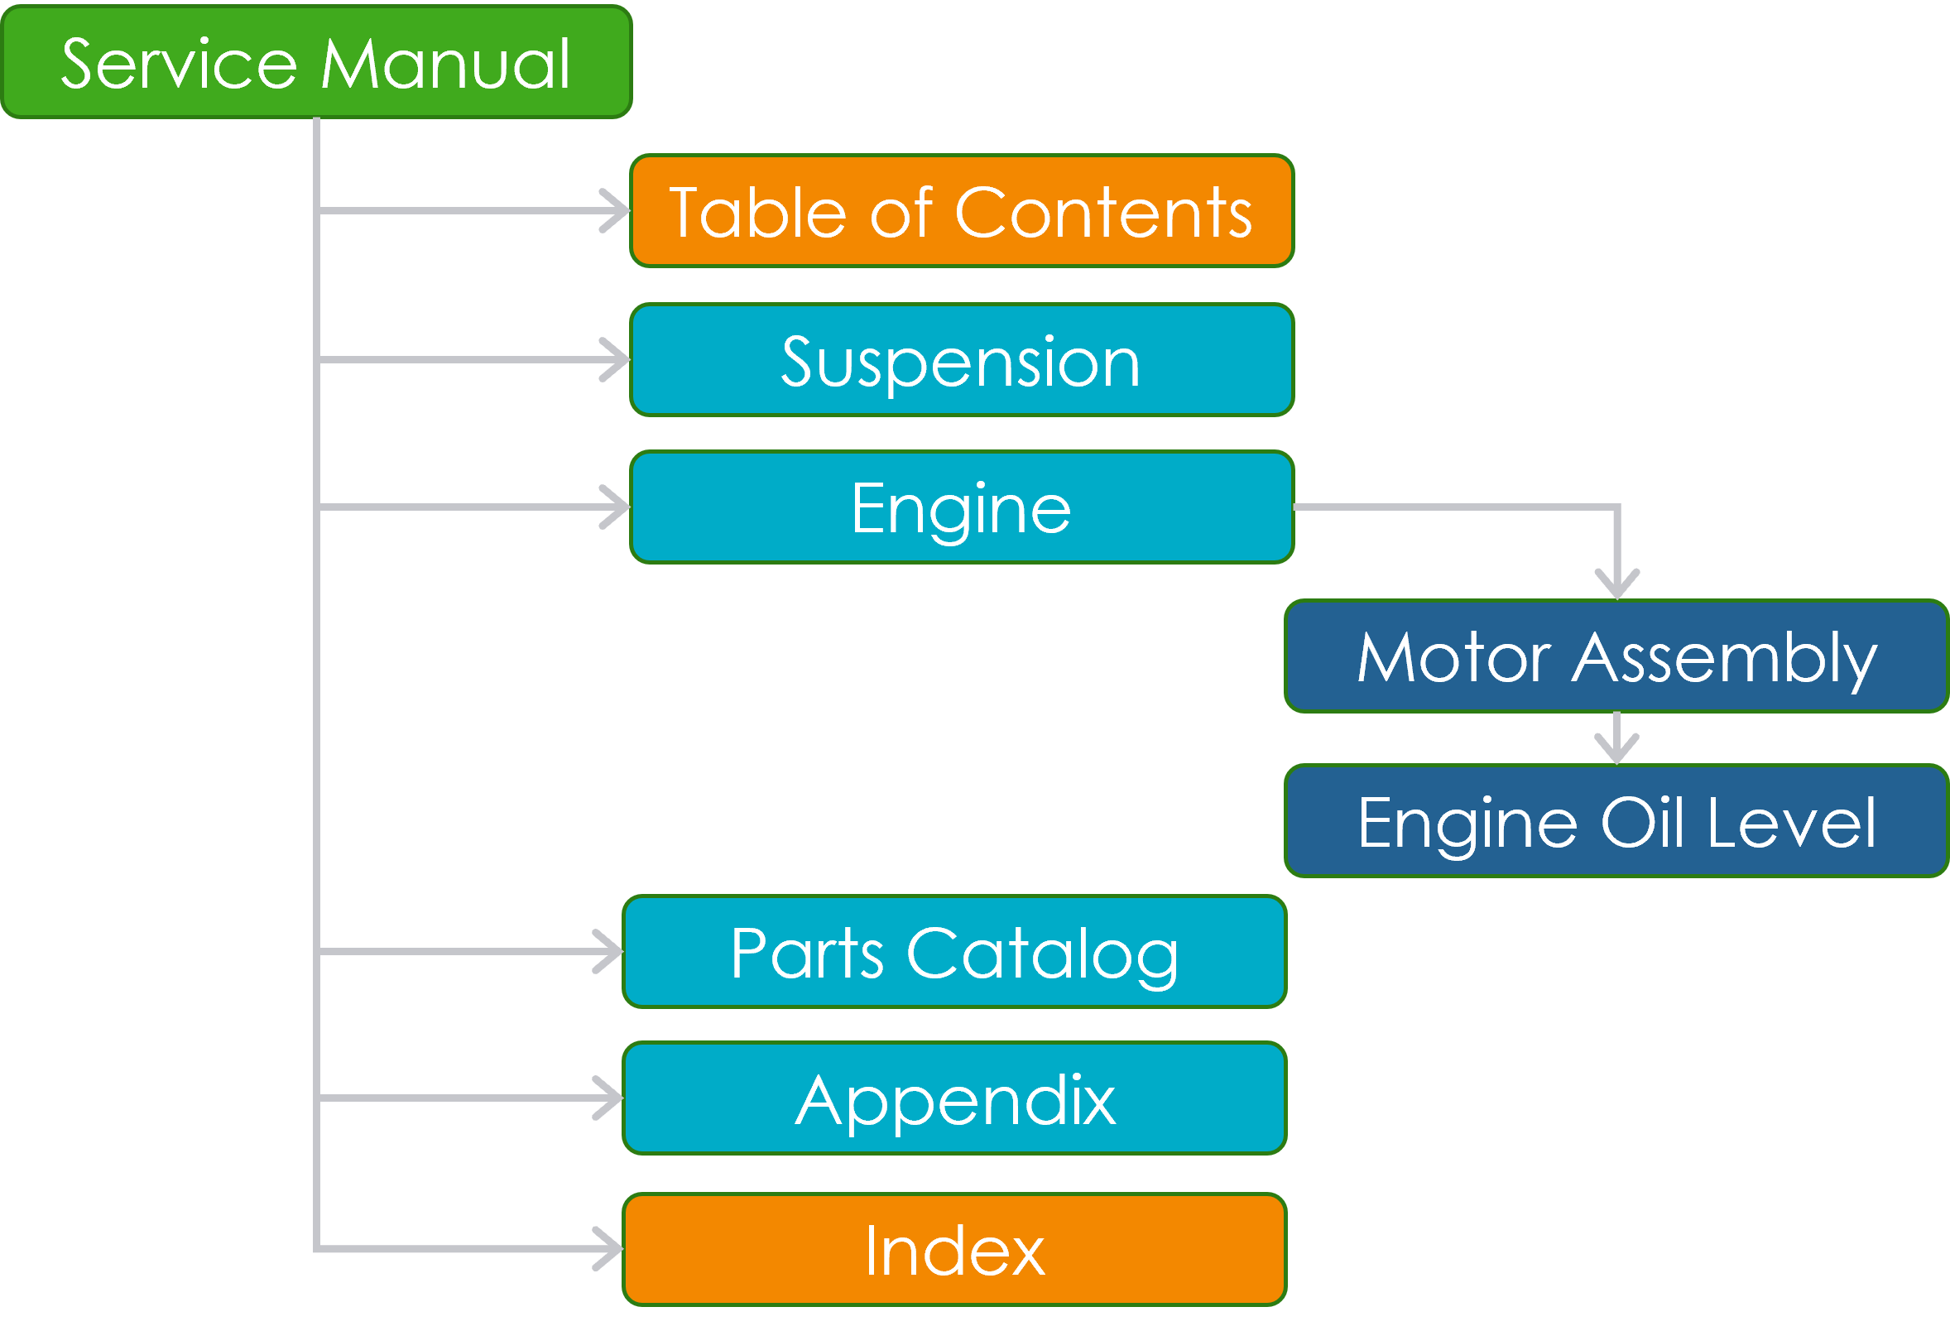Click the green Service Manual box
point(316,62)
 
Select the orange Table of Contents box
point(962,210)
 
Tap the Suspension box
point(962,360)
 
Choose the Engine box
point(962,507)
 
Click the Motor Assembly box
point(1616,656)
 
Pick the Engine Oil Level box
point(1616,822)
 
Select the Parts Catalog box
point(954,952)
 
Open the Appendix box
point(954,1098)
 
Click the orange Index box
point(954,1250)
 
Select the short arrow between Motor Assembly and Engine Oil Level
point(1617,738)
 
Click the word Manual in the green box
point(445,64)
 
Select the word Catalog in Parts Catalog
point(1042,955)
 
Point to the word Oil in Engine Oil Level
point(1642,824)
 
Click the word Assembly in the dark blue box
point(1723,659)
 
